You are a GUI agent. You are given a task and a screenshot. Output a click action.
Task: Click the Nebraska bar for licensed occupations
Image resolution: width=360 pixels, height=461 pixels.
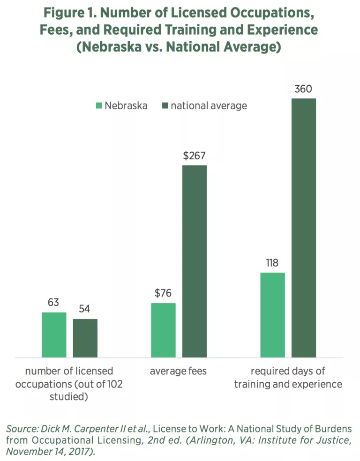coord(54,335)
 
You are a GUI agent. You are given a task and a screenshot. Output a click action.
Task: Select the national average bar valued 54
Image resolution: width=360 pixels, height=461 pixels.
coord(85,338)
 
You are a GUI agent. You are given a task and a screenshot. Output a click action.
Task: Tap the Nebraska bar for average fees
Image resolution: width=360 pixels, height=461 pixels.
coord(163,330)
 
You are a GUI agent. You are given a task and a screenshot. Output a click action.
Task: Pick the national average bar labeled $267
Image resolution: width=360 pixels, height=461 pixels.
coord(195,261)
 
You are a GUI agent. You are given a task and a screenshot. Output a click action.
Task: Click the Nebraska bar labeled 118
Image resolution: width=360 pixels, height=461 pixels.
coord(272,315)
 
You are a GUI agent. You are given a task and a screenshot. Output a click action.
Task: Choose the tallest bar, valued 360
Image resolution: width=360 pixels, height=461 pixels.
coord(304,228)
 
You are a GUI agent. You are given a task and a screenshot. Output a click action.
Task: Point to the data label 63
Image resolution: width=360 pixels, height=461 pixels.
coord(53,303)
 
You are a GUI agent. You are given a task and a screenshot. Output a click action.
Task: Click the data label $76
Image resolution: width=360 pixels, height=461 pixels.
coord(163,293)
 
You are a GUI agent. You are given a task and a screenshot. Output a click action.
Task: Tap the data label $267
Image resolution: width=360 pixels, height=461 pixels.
coord(194,156)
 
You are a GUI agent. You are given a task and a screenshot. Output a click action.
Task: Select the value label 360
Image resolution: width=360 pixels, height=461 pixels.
coord(303,89)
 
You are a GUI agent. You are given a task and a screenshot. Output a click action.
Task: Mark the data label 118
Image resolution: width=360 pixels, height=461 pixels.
coord(272,263)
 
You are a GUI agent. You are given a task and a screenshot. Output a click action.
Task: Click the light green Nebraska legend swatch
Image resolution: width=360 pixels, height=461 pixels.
coord(99,106)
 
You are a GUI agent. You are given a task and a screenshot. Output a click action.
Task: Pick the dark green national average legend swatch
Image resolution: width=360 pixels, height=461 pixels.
coord(165,106)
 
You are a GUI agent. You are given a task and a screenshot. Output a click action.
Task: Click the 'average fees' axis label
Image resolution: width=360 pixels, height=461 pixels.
coord(178,372)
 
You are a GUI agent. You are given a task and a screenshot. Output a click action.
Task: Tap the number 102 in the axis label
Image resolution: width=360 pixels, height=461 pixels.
coord(114,384)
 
